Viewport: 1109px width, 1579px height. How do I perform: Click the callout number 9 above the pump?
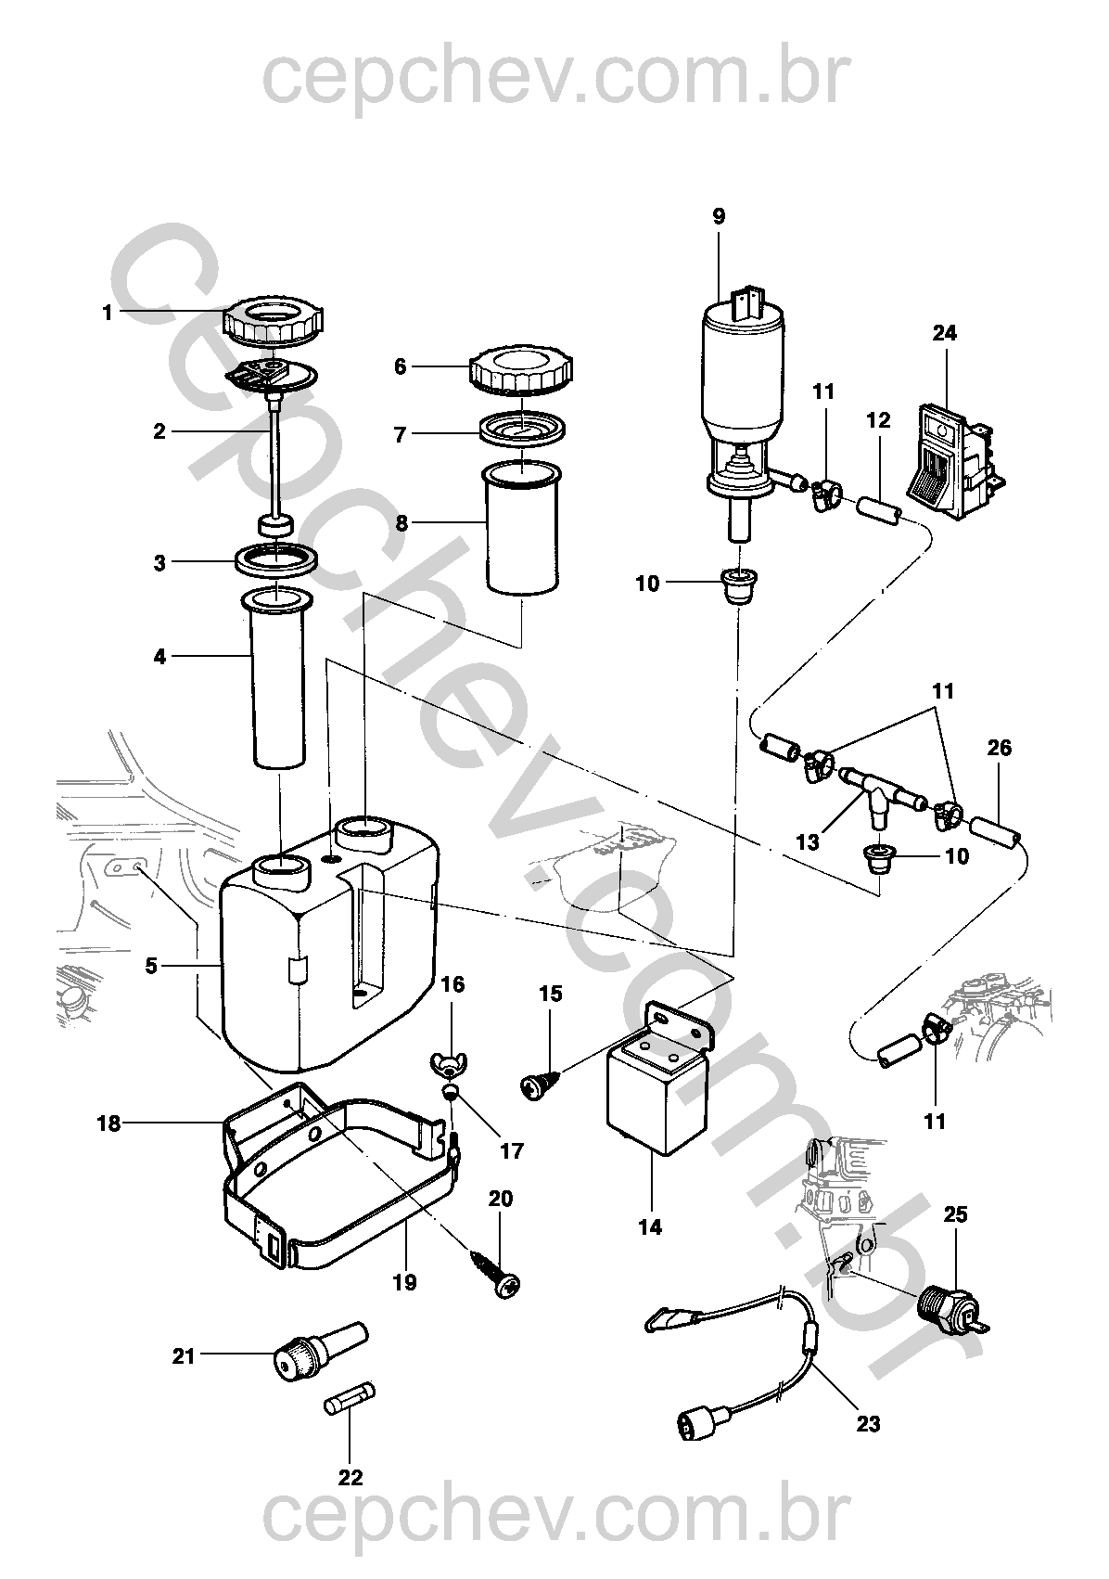719,216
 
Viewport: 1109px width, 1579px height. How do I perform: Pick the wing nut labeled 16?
450,1062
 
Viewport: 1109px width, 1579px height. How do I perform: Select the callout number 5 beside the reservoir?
151,965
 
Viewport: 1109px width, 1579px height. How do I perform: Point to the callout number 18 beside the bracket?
108,1123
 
